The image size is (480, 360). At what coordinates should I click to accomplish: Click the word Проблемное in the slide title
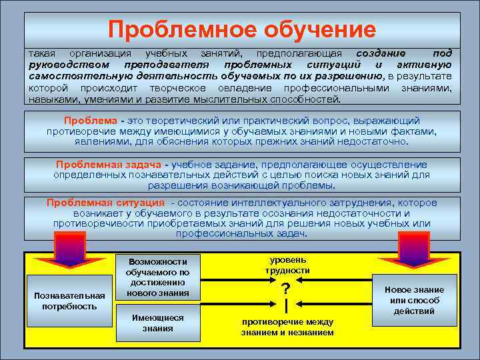tap(171, 29)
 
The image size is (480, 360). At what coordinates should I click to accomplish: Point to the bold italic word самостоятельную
tap(71, 76)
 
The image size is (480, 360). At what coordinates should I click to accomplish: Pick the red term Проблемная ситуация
tap(105, 203)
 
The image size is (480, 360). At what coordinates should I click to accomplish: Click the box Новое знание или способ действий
tap(414, 300)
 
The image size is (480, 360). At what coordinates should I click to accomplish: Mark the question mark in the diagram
tap(286, 289)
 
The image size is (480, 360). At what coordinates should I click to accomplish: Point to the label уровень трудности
tap(287, 265)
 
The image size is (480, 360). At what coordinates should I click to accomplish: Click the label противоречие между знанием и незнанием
tap(287, 327)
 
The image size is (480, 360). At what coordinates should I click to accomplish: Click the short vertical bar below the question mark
tap(286, 306)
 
